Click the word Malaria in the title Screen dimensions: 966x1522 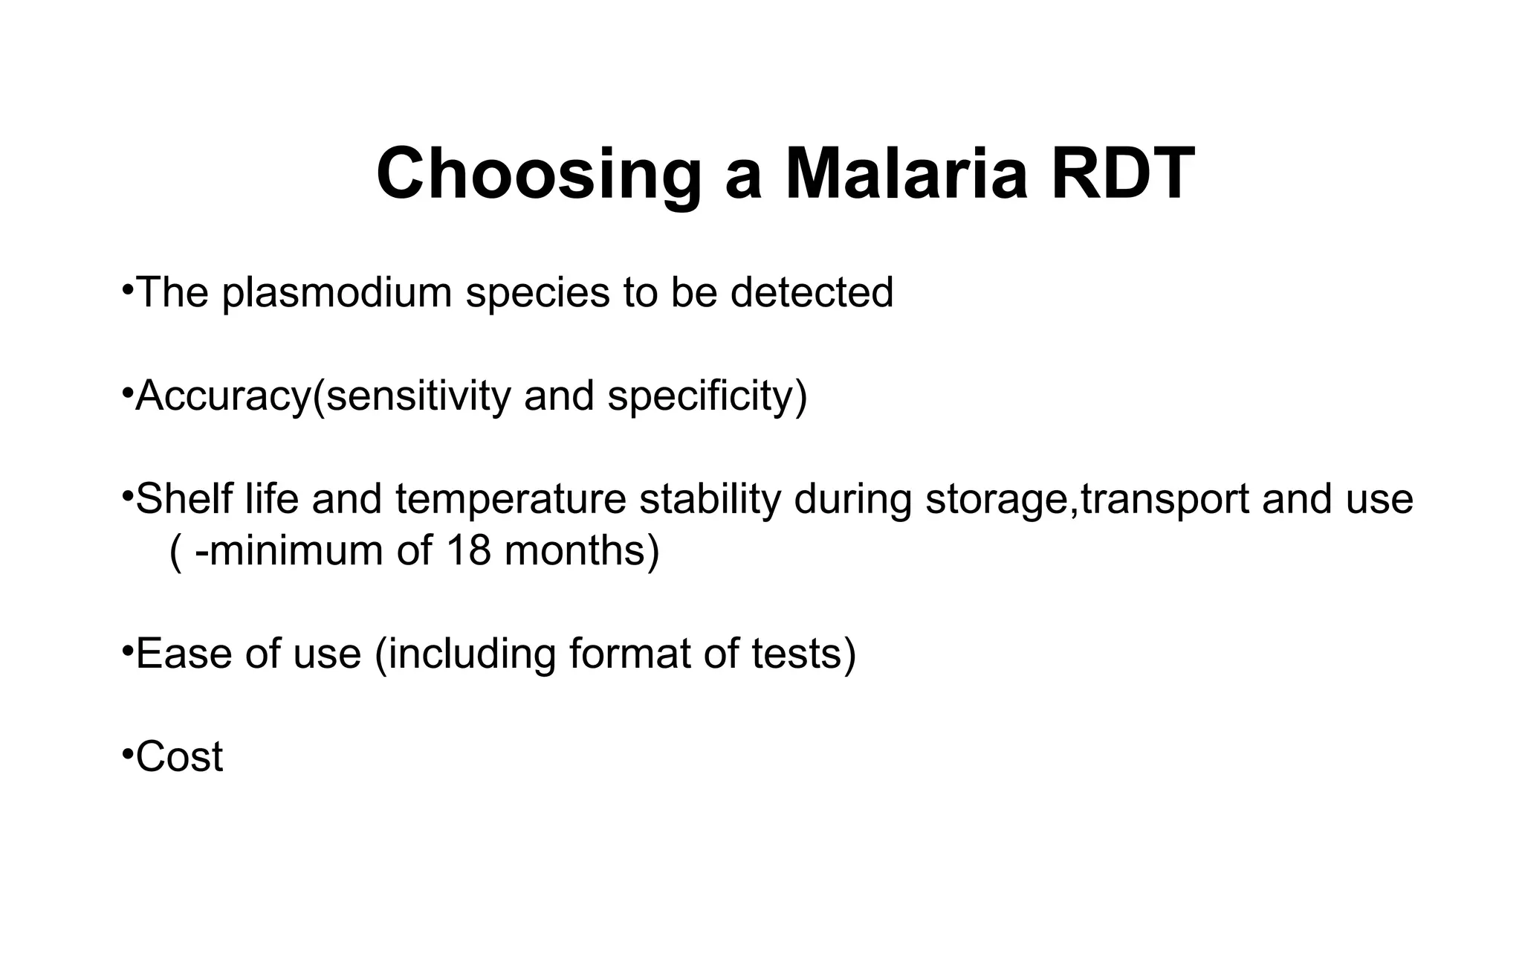click(x=906, y=174)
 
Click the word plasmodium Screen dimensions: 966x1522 click(x=337, y=293)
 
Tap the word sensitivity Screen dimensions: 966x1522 click(x=418, y=396)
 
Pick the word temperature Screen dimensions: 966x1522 click(x=511, y=500)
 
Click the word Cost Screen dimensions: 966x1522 click(x=179, y=757)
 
